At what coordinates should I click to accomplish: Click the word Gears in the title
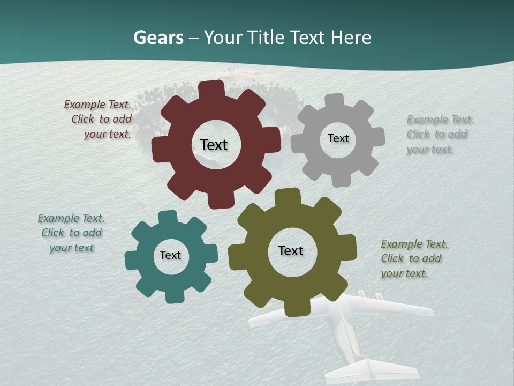pyautogui.click(x=158, y=38)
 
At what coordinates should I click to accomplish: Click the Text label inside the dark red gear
pyautogui.click(x=214, y=145)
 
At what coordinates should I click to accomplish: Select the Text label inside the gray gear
pyautogui.click(x=338, y=138)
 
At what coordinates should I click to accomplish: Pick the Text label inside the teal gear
pyautogui.click(x=170, y=255)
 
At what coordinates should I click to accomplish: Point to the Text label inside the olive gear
pyautogui.click(x=291, y=250)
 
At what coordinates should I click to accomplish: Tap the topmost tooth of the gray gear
pyautogui.click(x=334, y=100)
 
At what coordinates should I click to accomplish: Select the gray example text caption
pyautogui.click(x=439, y=135)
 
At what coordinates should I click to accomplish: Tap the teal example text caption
pyautogui.click(x=71, y=233)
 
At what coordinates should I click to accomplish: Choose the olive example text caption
pyautogui.click(x=413, y=259)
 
